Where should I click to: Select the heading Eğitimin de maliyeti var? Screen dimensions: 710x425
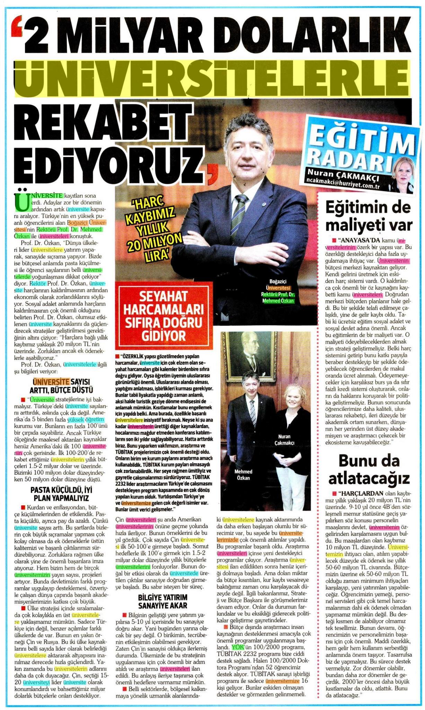click(369, 217)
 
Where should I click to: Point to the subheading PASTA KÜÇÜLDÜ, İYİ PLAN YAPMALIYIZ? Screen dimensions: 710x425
click(59, 494)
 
